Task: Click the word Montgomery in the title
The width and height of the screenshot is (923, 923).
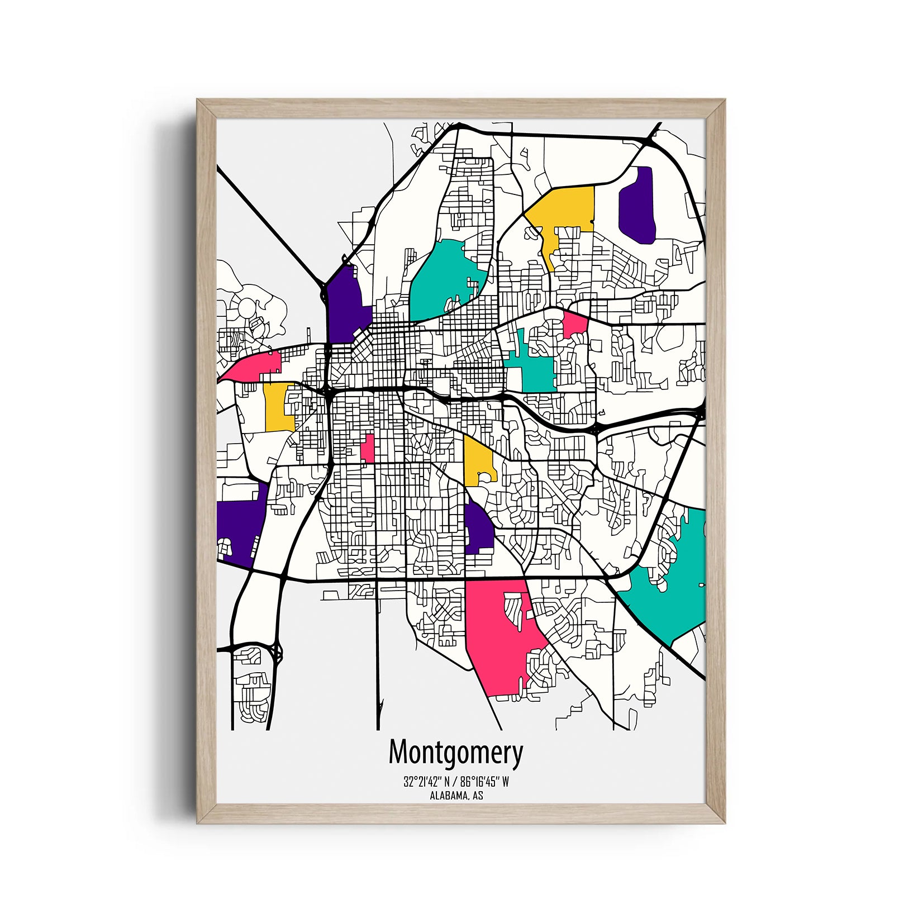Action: click(455, 753)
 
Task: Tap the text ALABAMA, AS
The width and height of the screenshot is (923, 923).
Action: click(456, 796)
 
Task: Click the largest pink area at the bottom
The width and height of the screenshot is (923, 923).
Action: click(497, 637)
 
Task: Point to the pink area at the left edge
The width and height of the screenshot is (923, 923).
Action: click(254, 366)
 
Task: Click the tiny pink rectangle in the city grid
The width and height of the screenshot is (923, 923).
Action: click(368, 449)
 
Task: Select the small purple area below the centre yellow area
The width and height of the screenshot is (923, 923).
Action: click(478, 528)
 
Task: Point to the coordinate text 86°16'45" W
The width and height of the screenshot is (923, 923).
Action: click(485, 782)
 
